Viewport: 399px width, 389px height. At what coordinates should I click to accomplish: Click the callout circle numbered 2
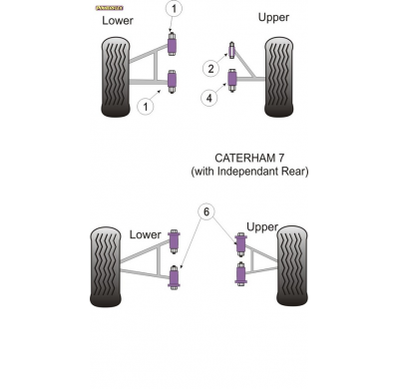click(x=210, y=69)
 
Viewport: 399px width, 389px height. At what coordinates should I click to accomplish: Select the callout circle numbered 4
click(x=210, y=97)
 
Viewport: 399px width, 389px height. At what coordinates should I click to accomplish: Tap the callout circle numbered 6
click(x=206, y=211)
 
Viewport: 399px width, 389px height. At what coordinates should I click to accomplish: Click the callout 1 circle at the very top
click(x=174, y=10)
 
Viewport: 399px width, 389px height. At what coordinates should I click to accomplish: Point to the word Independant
click(x=253, y=172)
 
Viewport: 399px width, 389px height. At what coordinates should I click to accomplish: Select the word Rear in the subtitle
click(x=297, y=172)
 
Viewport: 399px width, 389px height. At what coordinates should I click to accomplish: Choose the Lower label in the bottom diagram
click(x=146, y=234)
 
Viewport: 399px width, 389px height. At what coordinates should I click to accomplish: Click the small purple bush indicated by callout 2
click(x=231, y=52)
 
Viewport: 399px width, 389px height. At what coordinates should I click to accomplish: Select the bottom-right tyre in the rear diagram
click(x=292, y=264)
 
